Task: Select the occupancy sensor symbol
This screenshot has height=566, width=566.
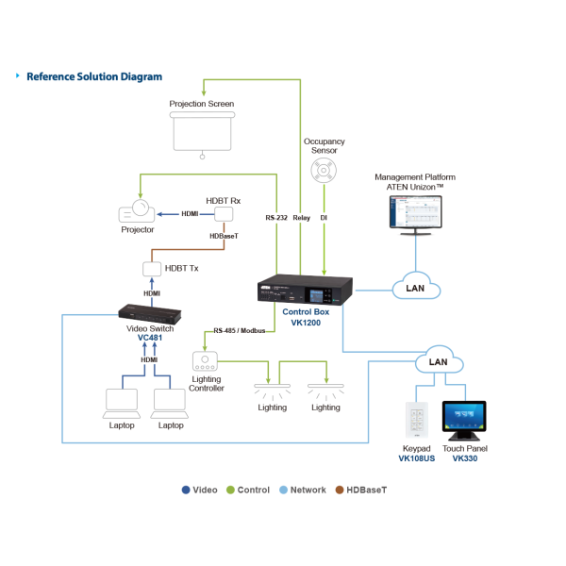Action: (x=324, y=171)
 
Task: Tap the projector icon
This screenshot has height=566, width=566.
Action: (x=136, y=211)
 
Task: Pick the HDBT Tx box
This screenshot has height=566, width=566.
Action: (x=152, y=269)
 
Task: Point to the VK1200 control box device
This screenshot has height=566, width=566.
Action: (x=306, y=288)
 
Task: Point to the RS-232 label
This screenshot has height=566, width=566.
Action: (x=276, y=218)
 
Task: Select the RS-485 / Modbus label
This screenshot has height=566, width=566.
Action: (x=238, y=331)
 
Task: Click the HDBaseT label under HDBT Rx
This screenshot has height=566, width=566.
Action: (x=224, y=237)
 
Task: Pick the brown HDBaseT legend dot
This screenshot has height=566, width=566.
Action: (x=339, y=490)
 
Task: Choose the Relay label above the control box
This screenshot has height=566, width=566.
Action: (x=301, y=218)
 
